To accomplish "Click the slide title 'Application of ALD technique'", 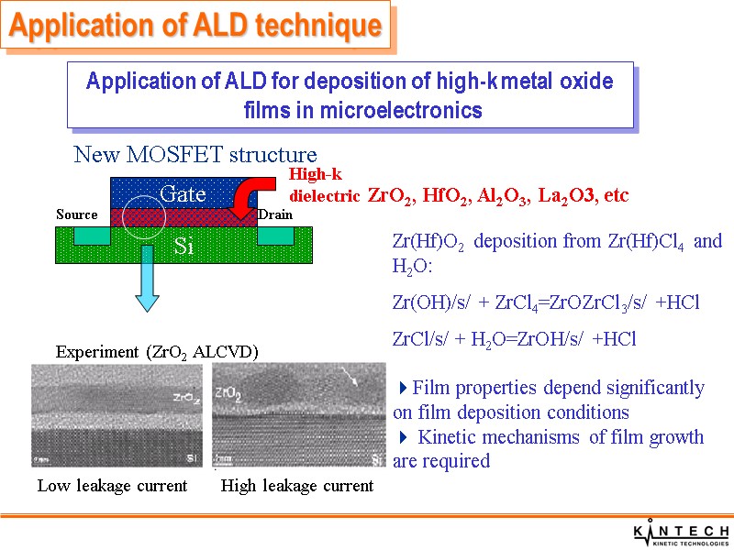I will tap(195, 27).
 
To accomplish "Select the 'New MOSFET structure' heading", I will tap(195, 155).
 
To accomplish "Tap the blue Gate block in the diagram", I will tap(183, 192).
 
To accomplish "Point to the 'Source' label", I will tap(76, 214).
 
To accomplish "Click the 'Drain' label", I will tap(275, 214).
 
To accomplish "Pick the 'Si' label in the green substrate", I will tap(183, 247).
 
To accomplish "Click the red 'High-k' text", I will tap(315, 174).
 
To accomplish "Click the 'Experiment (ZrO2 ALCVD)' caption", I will tap(157, 351).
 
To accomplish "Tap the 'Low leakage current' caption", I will tap(112, 486).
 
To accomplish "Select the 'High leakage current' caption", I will tap(297, 486).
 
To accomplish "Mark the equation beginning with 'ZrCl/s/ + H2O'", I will tap(514, 339).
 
